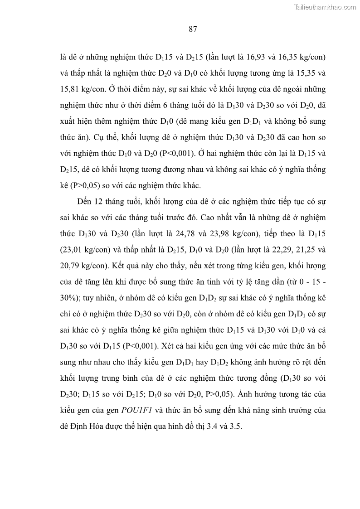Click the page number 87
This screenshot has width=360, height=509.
click(x=192, y=30)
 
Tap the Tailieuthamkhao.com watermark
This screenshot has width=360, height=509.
click(x=326, y=7)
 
